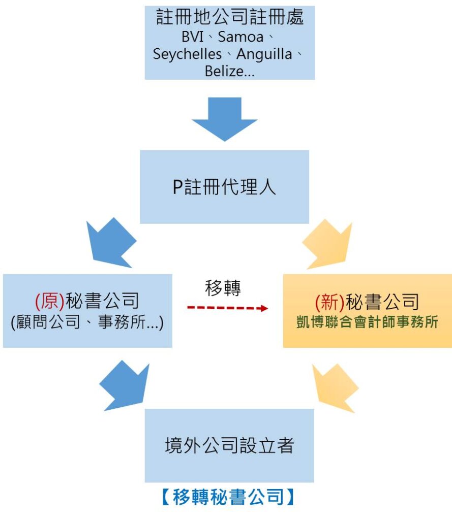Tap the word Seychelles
click(x=187, y=54)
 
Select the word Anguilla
click(x=264, y=54)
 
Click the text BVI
click(x=191, y=38)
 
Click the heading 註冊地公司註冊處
click(x=230, y=18)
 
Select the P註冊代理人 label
click(x=224, y=187)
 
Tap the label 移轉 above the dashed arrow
click(x=223, y=288)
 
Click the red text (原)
click(x=50, y=302)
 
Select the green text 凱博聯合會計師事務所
click(x=367, y=322)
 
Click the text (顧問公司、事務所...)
click(x=87, y=323)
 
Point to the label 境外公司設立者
click(x=229, y=446)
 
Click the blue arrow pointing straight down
click(x=224, y=119)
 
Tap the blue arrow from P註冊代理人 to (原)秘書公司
click(x=112, y=242)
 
